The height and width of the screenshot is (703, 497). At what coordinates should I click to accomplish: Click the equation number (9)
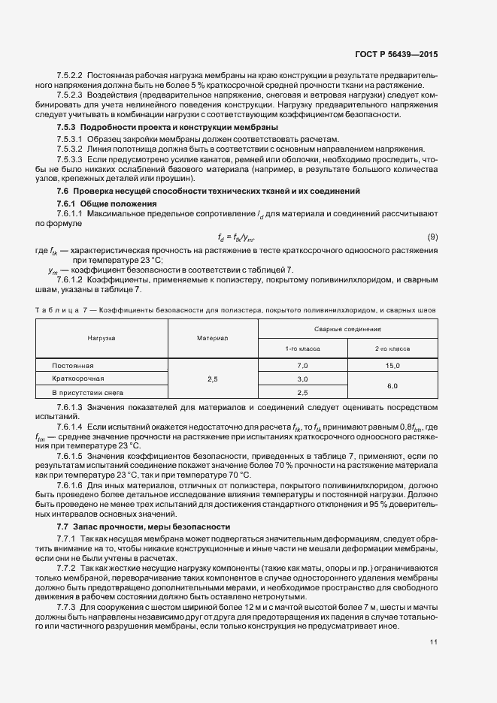coord(432,237)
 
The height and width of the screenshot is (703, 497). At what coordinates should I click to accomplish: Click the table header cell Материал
coord(213,338)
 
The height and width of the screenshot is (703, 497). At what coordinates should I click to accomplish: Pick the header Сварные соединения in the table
coord(347,329)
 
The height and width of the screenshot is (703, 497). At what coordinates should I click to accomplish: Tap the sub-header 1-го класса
coord(303,348)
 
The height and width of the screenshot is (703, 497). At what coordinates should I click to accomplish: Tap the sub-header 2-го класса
coord(392,348)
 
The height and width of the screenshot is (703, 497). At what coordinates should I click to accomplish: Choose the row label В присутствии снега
coord(86,393)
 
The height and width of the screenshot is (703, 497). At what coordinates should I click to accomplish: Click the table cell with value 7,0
coord(303,364)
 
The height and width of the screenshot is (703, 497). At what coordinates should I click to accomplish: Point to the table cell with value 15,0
coord(392,364)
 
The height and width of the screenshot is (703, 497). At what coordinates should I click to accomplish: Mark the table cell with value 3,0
coord(303,379)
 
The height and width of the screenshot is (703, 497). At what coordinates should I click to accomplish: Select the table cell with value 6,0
coord(392,385)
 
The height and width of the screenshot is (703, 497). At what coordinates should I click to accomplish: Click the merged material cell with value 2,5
coord(213,379)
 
